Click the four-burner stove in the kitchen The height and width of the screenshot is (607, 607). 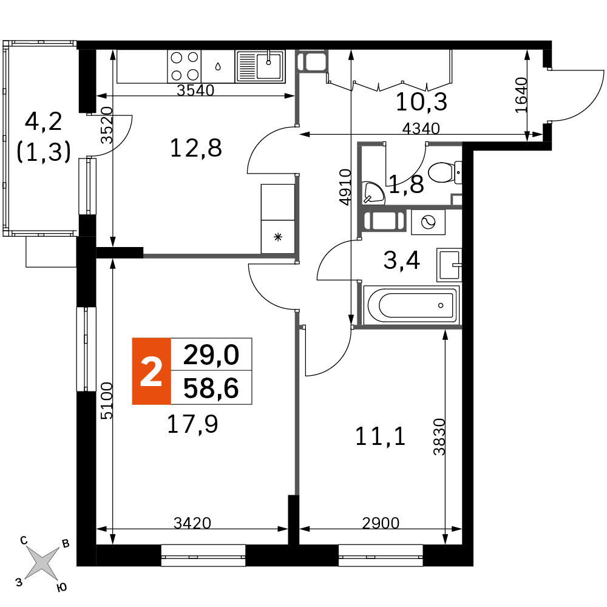point(185,66)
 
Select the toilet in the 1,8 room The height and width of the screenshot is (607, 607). point(445,172)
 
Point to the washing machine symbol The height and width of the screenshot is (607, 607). point(428,222)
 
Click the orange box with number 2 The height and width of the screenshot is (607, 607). point(151,371)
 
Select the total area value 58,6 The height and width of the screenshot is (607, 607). point(211,388)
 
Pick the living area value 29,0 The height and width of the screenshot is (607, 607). point(211,354)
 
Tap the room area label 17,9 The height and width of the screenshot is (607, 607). point(192,424)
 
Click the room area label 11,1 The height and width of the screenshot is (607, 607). point(380,436)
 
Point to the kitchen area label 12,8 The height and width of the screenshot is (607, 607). point(196,148)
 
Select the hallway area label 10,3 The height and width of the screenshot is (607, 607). point(421,102)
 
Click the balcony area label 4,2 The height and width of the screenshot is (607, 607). point(43,121)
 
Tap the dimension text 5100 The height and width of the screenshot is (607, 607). point(106,401)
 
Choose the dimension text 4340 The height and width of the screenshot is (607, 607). point(421,128)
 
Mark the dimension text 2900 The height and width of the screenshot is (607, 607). point(381,523)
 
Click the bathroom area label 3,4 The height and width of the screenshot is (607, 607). point(401,260)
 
